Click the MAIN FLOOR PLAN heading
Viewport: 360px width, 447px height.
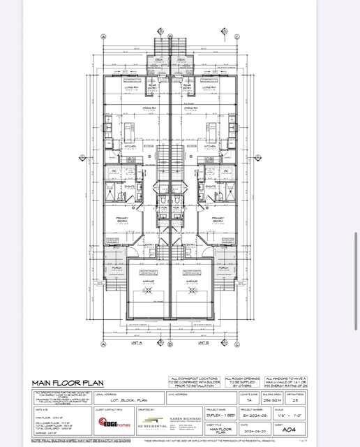click(64, 383)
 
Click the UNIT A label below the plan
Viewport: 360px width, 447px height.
click(135, 343)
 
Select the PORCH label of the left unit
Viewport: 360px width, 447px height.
click(116, 268)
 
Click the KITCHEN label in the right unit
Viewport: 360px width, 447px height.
click(209, 146)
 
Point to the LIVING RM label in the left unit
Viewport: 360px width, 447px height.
click(130, 89)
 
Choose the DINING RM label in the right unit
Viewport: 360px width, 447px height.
click(189, 108)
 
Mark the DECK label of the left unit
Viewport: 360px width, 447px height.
click(159, 59)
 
